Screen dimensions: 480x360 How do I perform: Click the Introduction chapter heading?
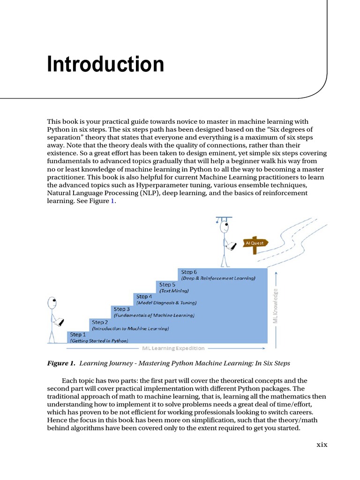point(105,64)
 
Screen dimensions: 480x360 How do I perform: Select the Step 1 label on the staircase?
point(78,335)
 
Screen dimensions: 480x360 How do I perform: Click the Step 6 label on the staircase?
point(189,272)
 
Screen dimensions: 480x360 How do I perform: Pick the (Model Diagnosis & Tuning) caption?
point(166,303)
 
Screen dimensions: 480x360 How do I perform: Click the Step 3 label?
point(121,309)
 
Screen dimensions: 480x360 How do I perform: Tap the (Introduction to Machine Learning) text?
point(130,329)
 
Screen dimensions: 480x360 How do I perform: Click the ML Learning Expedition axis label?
point(173,348)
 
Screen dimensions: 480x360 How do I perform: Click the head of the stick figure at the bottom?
point(52,302)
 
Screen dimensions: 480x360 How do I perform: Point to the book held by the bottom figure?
point(59,323)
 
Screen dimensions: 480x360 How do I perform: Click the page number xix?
point(321,444)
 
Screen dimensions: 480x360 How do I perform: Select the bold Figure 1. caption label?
point(61,363)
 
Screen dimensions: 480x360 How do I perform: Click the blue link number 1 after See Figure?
point(112,201)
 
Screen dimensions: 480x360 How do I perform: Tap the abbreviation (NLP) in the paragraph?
point(149,193)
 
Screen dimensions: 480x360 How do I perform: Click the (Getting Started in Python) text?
point(99,341)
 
